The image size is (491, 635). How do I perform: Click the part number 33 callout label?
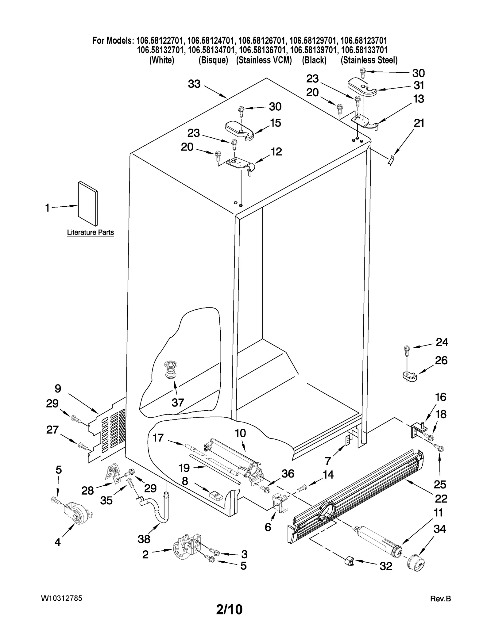tap(194, 84)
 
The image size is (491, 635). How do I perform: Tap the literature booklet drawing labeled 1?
tap(88, 203)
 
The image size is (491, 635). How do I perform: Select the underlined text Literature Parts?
tap(91, 232)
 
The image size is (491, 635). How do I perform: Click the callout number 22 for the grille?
tap(441, 499)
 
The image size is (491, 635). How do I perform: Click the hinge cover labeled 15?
tap(239, 131)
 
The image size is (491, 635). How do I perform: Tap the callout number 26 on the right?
tap(441, 361)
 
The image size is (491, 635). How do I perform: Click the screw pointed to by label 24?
tap(407, 350)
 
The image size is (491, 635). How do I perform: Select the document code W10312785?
tap(61, 598)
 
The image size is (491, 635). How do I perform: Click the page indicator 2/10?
tap(229, 609)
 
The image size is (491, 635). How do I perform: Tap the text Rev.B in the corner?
tap(440, 599)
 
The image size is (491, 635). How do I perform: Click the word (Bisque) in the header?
tap(213, 60)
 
